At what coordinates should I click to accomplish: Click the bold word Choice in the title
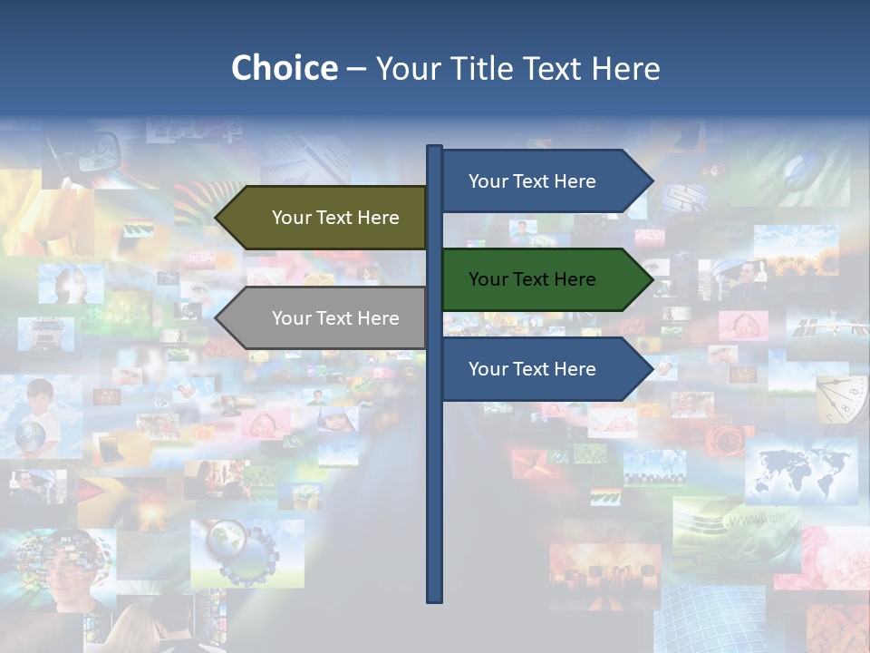click(x=284, y=68)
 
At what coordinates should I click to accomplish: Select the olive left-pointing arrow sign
click(x=322, y=218)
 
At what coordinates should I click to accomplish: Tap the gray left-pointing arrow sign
click(x=322, y=318)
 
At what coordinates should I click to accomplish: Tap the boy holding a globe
click(x=36, y=417)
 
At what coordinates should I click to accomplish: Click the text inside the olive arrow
click(x=335, y=218)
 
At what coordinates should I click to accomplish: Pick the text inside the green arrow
click(x=532, y=279)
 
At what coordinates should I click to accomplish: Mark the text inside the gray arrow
click(x=335, y=318)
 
